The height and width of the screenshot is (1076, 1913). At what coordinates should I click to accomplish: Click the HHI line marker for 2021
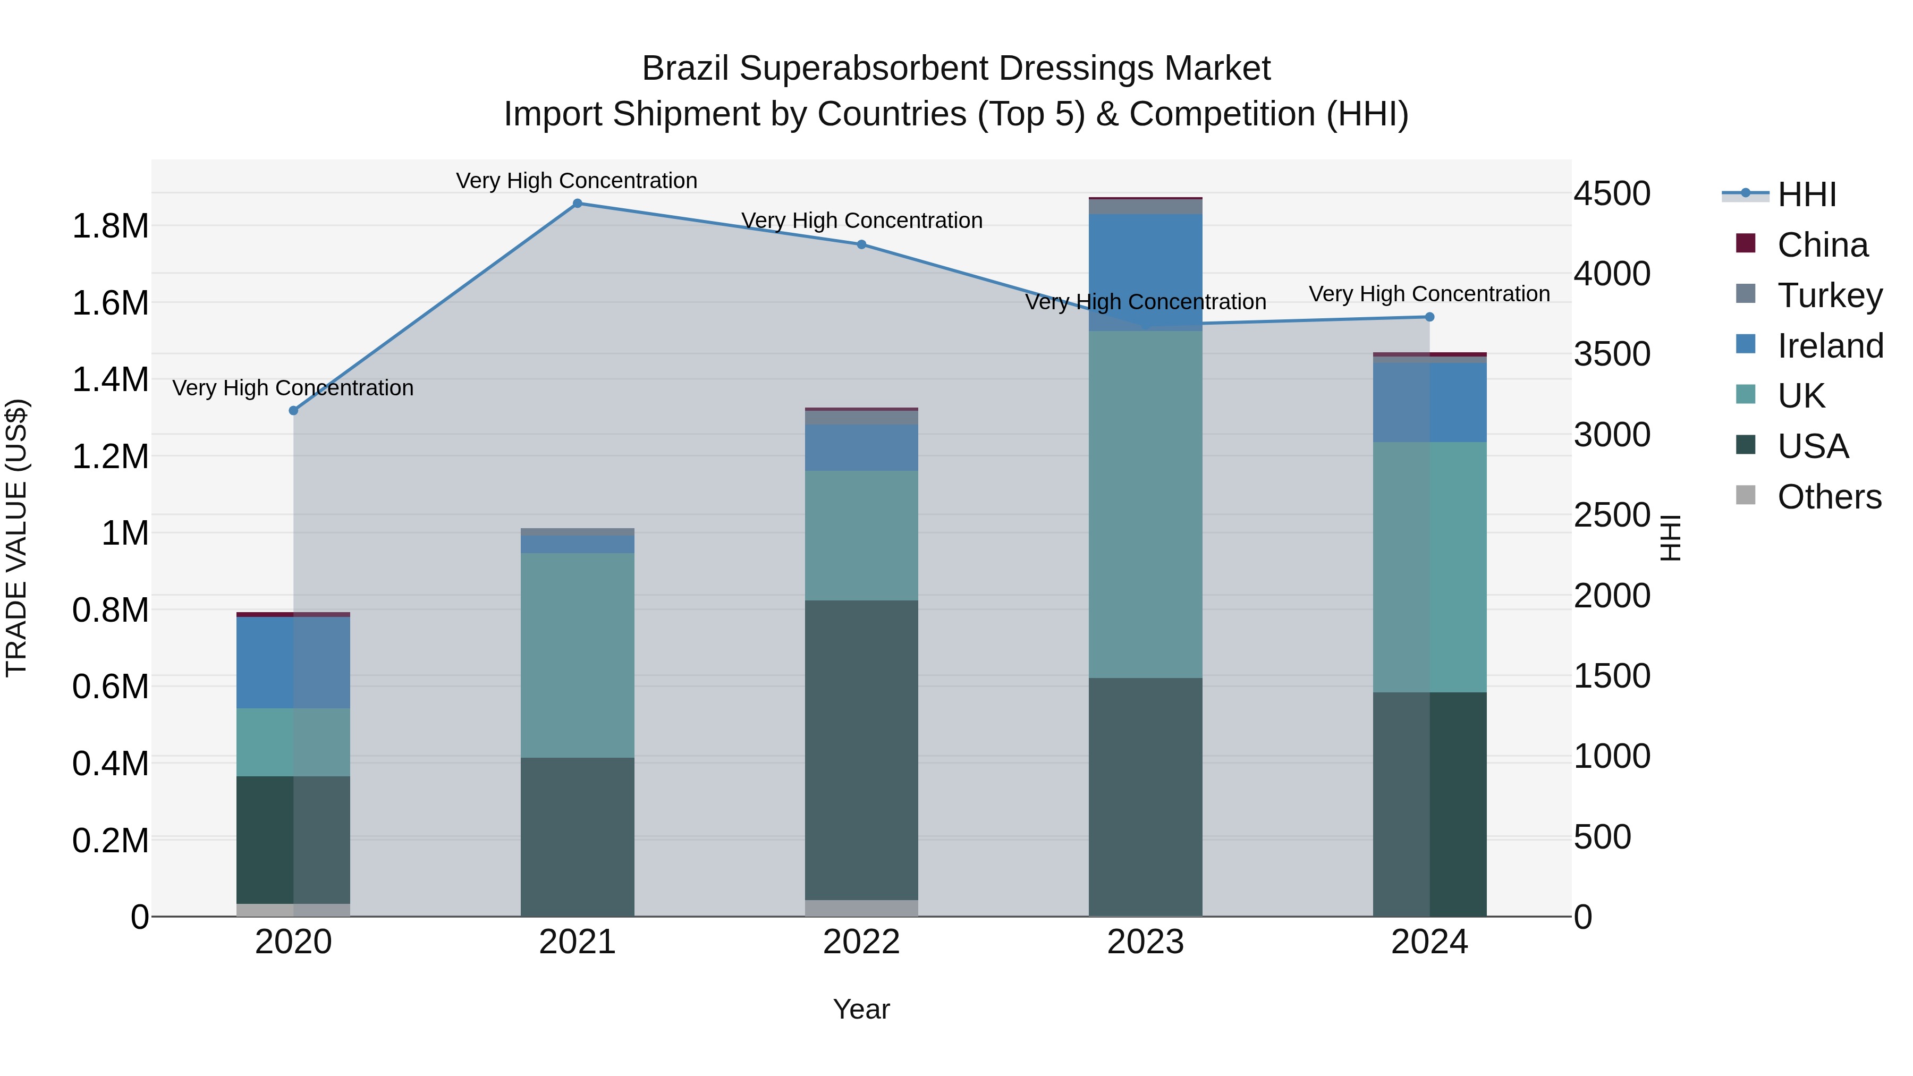click(x=577, y=204)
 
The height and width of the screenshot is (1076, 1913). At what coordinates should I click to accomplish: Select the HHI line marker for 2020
click(x=293, y=411)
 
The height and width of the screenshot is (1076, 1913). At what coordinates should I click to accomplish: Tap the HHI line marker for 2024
click(x=1429, y=317)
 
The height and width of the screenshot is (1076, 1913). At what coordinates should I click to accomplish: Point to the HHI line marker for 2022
click(x=861, y=244)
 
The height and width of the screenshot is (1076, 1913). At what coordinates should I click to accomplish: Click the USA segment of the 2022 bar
click(x=861, y=750)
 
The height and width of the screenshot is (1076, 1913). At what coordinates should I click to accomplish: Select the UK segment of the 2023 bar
click(x=1145, y=505)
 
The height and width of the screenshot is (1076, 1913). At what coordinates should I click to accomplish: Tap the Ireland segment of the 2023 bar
click(x=1145, y=271)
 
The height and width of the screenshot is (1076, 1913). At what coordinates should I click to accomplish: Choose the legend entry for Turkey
click(x=1829, y=295)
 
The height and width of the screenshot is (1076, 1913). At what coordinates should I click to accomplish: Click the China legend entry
click(x=1822, y=245)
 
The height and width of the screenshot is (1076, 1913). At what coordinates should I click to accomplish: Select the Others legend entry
click(x=1829, y=497)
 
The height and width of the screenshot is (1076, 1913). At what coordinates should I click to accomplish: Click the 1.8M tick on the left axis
click(x=111, y=226)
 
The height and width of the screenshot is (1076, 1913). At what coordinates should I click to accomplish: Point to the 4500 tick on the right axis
click(x=1612, y=194)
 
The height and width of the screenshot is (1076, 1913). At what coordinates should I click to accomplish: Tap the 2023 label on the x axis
click(x=1145, y=942)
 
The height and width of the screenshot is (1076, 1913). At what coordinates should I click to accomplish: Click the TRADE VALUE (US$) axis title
click(x=16, y=538)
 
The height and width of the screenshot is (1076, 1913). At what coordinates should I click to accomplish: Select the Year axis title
click(x=861, y=1009)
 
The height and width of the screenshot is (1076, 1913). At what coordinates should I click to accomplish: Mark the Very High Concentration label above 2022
click(x=861, y=221)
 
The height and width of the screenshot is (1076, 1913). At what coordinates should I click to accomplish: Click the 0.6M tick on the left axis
click(x=111, y=687)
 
